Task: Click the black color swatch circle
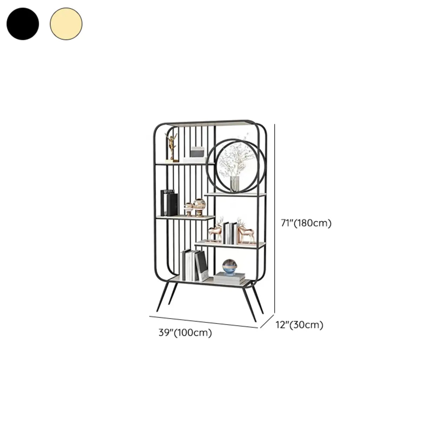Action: click(23, 24)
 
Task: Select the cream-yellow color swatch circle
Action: click(66, 24)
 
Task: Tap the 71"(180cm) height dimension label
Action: click(306, 223)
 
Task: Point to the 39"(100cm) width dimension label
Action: click(185, 333)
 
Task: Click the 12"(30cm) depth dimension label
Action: click(299, 325)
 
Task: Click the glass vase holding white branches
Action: click(235, 184)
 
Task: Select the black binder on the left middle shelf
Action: click(169, 203)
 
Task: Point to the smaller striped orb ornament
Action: click(189, 209)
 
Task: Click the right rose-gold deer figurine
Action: click(246, 231)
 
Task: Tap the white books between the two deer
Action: click(230, 233)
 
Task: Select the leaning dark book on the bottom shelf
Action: click(202, 266)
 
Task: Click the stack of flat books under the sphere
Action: click(229, 279)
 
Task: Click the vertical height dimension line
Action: click(275, 219)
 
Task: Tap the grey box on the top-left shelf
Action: click(197, 152)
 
